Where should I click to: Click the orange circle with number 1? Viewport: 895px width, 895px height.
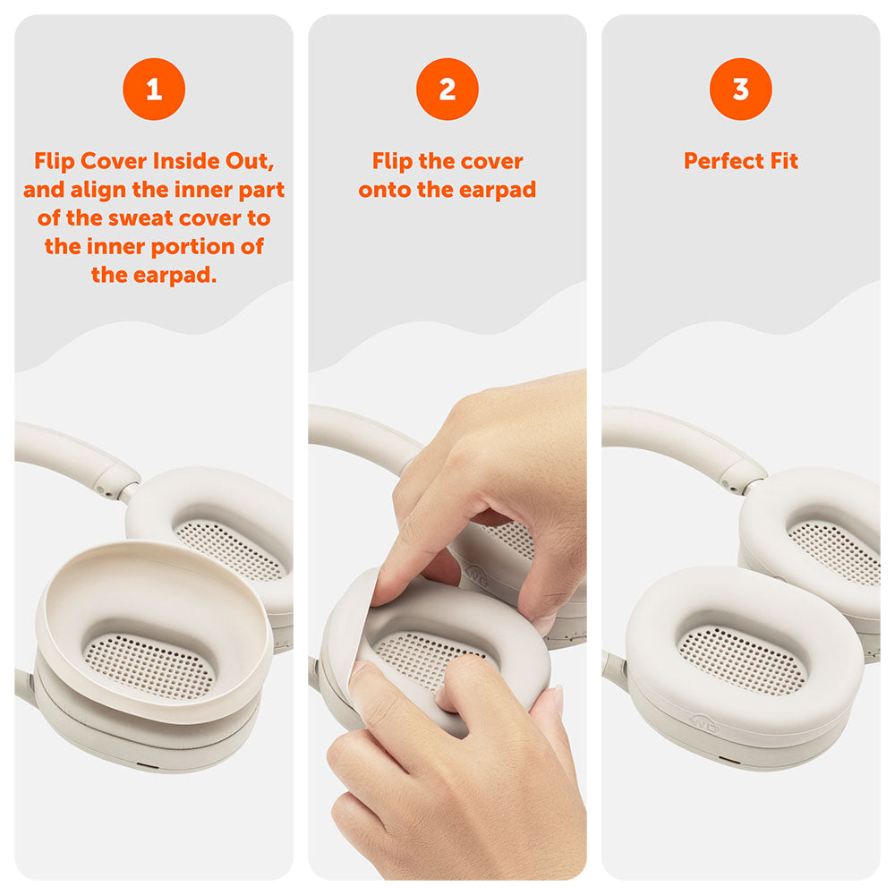click(x=154, y=89)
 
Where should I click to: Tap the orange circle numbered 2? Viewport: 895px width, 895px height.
click(x=447, y=89)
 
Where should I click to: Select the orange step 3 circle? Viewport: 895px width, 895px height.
click(x=741, y=89)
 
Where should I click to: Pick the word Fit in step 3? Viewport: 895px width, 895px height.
click(x=781, y=162)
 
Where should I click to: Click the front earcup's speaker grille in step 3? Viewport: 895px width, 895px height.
click(x=741, y=659)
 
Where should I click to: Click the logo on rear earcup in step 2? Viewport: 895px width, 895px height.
click(x=478, y=577)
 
